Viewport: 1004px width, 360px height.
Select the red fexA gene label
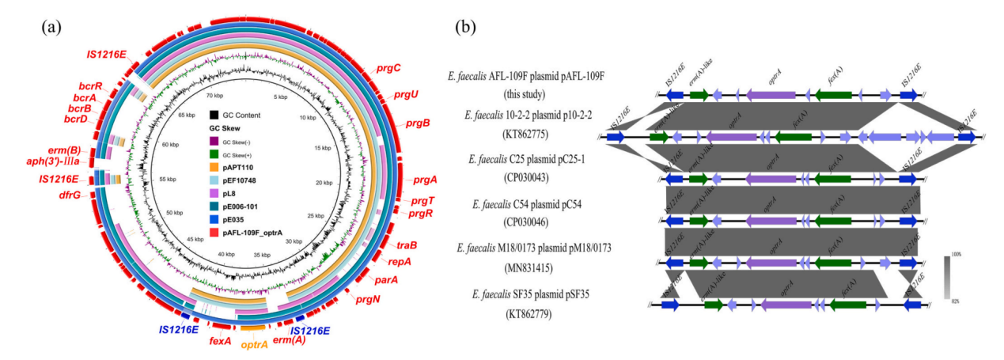(x=220, y=342)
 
